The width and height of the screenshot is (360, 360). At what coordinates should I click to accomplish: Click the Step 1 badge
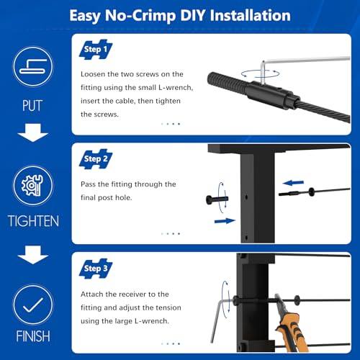[x=96, y=50]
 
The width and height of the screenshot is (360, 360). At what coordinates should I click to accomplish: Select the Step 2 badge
[x=96, y=159]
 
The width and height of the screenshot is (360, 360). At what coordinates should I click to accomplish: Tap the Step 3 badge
[x=96, y=269]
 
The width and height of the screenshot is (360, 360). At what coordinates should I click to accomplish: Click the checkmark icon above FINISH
[x=33, y=305]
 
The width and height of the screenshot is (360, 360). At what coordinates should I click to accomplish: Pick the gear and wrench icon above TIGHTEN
[x=33, y=186]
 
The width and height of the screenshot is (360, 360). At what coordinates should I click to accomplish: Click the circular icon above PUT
[x=33, y=67]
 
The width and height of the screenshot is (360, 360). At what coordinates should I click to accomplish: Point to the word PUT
[x=32, y=106]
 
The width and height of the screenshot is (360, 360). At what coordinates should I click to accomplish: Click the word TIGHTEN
[x=33, y=221]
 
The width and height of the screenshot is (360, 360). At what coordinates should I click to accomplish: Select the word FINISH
[x=33, y=336]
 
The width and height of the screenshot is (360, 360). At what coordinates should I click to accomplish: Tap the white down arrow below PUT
[x=33, y=132]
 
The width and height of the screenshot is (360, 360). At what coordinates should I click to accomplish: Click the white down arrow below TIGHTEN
[x=33, y=255]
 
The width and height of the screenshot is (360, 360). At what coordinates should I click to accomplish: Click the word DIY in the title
[x=192, y=15]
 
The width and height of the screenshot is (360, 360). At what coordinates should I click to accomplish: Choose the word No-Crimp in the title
[x=140, y=16]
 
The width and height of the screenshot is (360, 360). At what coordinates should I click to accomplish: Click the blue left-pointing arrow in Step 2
[x=293, y=183]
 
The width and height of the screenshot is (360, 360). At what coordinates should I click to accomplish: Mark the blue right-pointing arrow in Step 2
[x=225, y=221]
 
